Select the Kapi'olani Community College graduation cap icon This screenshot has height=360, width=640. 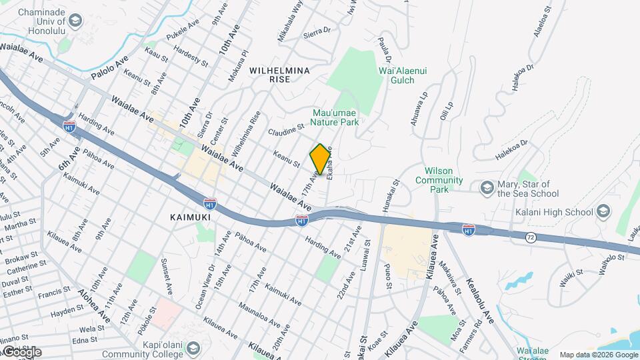tap(193, 348)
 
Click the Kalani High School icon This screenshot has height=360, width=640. tap(603, 212)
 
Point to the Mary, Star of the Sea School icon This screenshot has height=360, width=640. tap(487, 189)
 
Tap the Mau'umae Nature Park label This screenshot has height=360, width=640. tap(336, 117)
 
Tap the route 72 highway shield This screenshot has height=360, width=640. tap(529, 238)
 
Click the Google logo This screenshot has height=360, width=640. tap(21, 351)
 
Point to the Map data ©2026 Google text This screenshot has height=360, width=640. tap(598, 355)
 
